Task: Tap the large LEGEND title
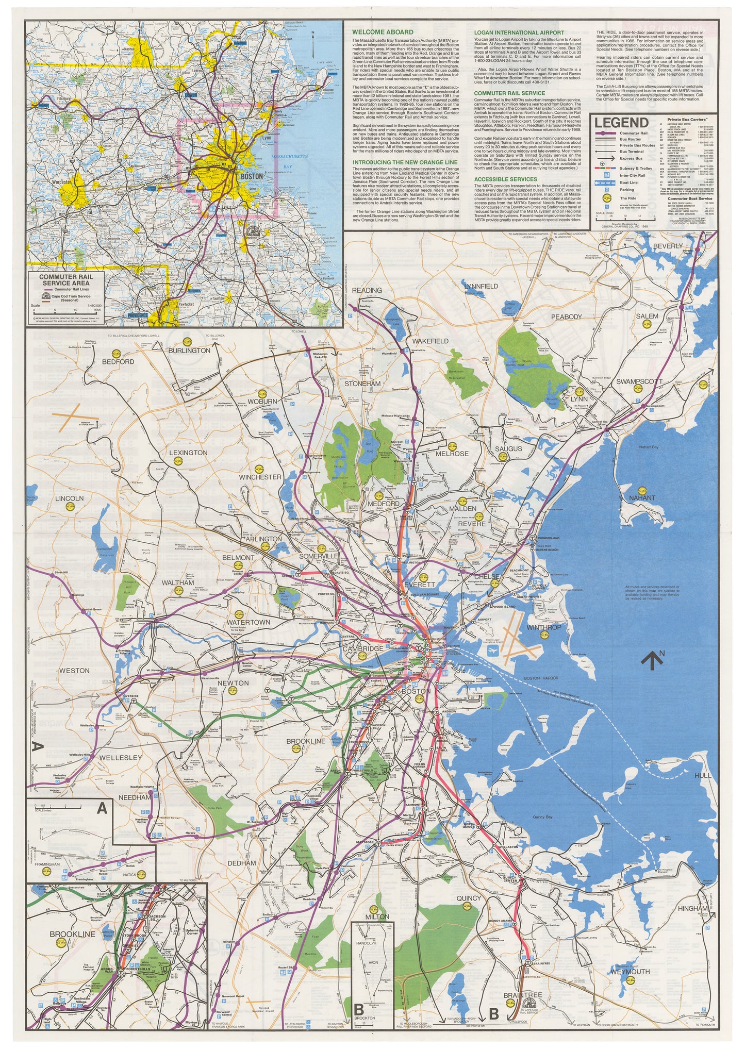pyautogui.click(x=621, y=123)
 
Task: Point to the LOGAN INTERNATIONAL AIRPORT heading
pyautogui.click(x=512, y=32)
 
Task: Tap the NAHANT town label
pyautogui.click(x=642, y=498)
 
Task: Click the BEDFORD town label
pyautogui.click(x=118, y=362)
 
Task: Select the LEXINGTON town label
pyautogui.click(x=188, y=453)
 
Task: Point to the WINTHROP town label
pyautogui.click(x=543, y=627)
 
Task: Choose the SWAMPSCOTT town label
pyautogui.click(x=639, y=382)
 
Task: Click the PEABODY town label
pyautogui.click(x=567, y=316)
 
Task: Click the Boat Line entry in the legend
pyautogui.click(x=628, y=182)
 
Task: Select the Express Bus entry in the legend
pyautogui.click(x=631, y=158)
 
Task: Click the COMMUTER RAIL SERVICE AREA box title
pyautogui.click(x=67, y=280)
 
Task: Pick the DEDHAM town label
pyautogui.click(x=242, y=863)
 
